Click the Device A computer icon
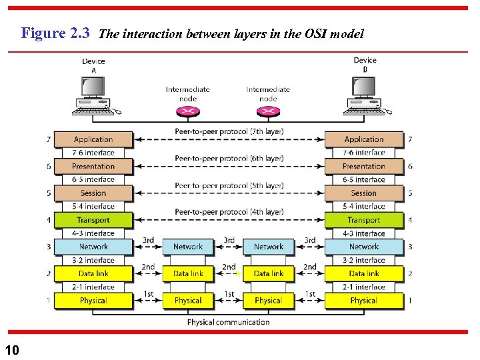click(93, 93)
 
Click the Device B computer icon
click(364, 93)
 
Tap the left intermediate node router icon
click(189, 111)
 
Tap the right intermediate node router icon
click(268, 111)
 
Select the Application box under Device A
click(93, 139)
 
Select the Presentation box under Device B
click(364, 166)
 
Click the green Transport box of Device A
click(93, 220)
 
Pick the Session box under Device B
click(364, 193)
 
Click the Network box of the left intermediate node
click(188, 247)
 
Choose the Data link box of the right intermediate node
click(269, 273)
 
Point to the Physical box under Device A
click(93, 301)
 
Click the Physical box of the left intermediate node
click(188, 301)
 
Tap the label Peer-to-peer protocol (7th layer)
click(229, 131)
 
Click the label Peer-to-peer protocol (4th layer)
click(229, 212)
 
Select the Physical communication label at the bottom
click(228, 322)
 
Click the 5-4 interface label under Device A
click(93, 207)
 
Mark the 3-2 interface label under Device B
click(364, 260)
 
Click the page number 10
click(13, 349)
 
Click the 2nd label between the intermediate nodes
click(229, 267)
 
